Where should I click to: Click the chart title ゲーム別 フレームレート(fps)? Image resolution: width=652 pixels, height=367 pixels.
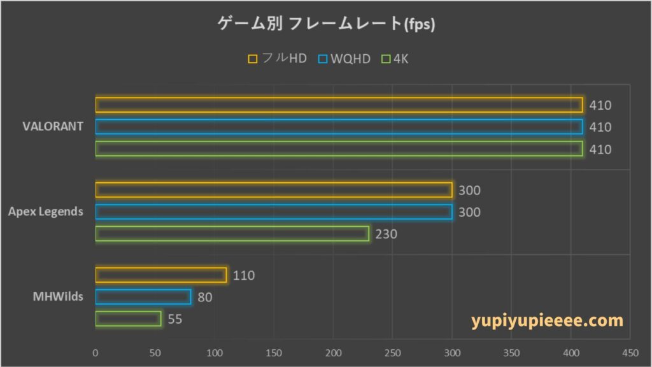pyautogui.click(x=325, y=25)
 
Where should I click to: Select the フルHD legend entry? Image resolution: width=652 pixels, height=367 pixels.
pyautogui.click(x=278, y=59)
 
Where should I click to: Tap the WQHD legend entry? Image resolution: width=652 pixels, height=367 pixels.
pyautogui.click(x=344, y=59)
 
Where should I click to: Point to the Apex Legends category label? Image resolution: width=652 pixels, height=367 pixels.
pyautogui.click(x=45, y=212)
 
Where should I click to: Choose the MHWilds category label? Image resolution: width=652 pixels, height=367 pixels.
pyautogui.click(x=59, y=297)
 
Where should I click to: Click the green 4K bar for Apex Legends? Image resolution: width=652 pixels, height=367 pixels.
pyautogui.click(x=232, y=234)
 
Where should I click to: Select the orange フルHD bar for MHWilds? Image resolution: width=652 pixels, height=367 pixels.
pyautogui.click(x=161, y=275)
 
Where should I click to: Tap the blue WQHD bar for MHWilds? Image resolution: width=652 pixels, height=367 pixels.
pyautogui.click(x=143, y=297)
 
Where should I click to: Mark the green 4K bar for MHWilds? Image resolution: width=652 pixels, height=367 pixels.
pyautogui.click(x=128, y=319)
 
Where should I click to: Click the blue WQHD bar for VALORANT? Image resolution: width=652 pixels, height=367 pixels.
pyautogui.click(x=339, y=127)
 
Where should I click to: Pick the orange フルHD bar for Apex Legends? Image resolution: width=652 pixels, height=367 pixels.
pyautogui.click(x=274, y=190)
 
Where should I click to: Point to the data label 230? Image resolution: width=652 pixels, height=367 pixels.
pyautogui.click(x=386, y=234)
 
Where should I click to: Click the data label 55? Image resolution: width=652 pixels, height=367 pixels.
pyautogui.click(x=175, y=319)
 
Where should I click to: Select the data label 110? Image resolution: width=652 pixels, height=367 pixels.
pyautogui.click(x=243, y=276)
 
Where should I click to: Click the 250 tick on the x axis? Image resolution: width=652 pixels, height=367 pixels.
pyautogui.click(x=392, y=352)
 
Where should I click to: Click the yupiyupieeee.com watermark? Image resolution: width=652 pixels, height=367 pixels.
pyautogui.click(x=548, y=320)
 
